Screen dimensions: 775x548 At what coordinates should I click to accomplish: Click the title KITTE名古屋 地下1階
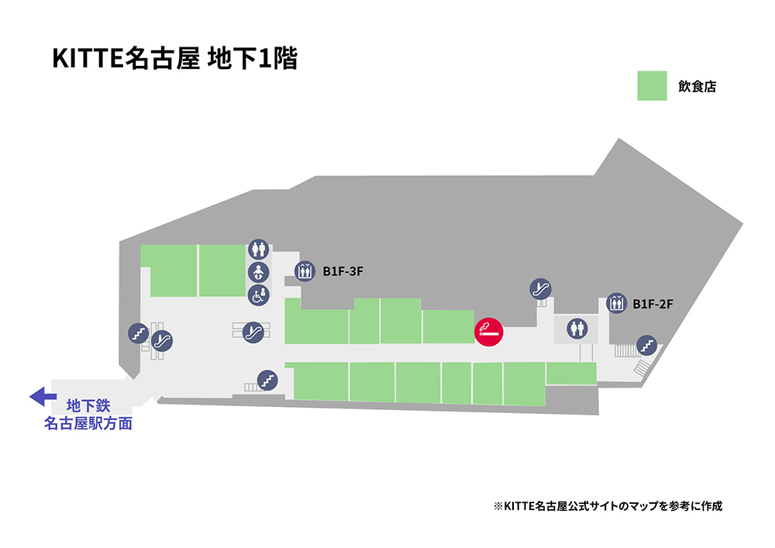click(175, 59)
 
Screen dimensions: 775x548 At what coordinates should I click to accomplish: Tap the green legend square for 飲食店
click(652, 86)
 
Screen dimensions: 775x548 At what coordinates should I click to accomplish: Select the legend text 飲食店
click(697, 87)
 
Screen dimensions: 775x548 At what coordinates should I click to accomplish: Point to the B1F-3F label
click(343, 271)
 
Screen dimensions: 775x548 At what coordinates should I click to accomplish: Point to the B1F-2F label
click(653, 304)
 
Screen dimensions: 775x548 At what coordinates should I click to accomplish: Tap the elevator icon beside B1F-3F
click(305, 271)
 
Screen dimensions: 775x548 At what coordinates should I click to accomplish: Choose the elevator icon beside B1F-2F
click(616, 303)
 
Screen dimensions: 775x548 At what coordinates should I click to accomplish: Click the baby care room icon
click(258, 272)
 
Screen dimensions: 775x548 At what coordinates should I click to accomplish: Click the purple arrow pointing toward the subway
click(38, 398)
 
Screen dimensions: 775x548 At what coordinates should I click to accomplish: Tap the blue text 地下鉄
click(88, 405)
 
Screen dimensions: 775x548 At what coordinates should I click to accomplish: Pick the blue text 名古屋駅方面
click(88, 424)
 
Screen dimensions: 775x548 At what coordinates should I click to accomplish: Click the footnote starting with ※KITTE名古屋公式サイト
click(608, 506)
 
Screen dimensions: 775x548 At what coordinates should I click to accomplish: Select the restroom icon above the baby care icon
click(258, 249)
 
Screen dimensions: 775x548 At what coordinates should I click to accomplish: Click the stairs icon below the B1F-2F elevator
click(646, 343)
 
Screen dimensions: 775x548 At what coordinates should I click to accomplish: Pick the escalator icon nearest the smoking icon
click(540, 289)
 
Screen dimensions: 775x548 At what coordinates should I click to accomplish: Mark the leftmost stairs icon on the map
click(138, 334)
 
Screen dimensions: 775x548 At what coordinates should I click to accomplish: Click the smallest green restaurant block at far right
click(570, 374)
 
